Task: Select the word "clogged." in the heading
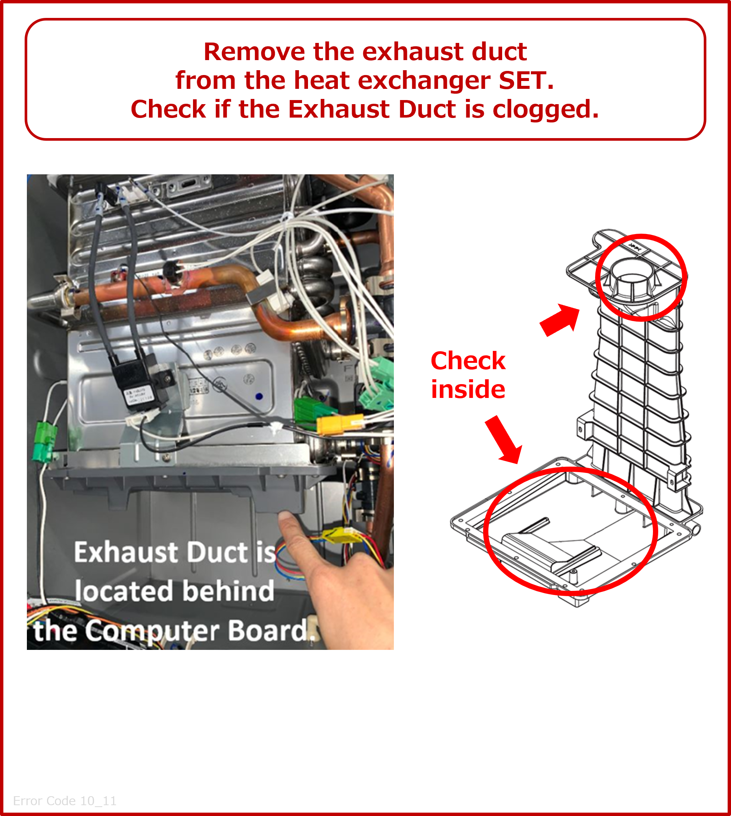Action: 546,110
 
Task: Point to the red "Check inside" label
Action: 468,375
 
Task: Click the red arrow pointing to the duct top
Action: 560,319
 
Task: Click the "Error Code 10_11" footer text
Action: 65,801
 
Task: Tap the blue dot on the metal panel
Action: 259,396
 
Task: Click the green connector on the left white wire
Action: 45,441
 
